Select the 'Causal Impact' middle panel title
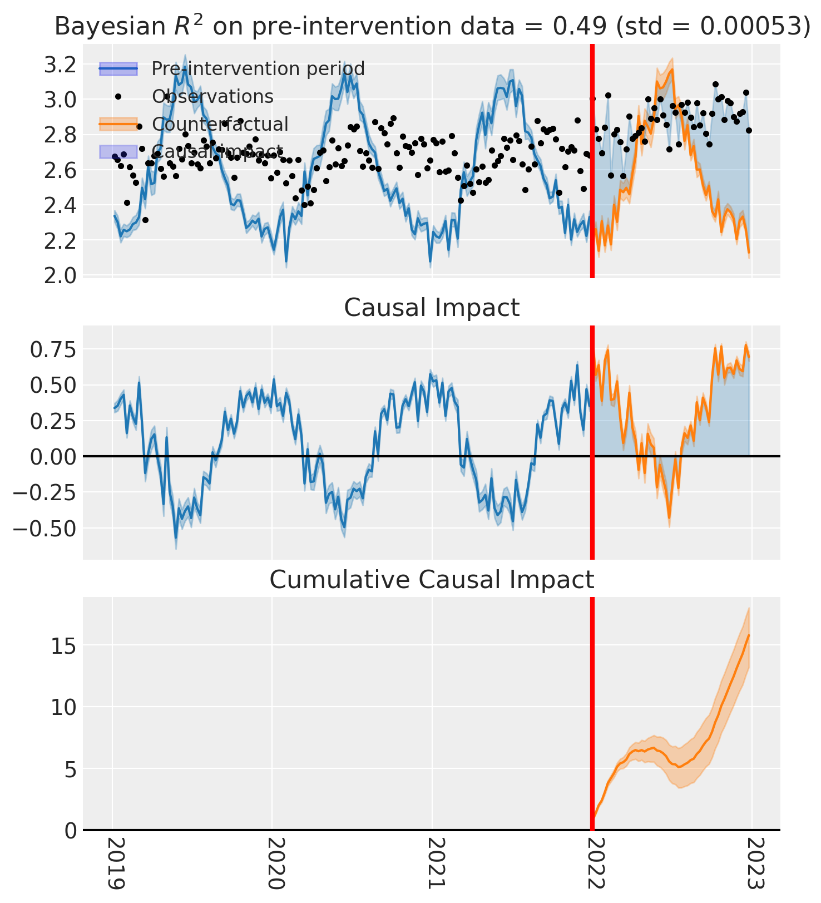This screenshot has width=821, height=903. point(432,308)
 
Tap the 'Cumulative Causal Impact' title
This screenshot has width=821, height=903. point(432,580)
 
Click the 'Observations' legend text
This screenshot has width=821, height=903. point(213,96)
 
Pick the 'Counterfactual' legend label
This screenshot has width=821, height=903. point(220,124)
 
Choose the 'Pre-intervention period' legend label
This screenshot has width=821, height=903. point(258,69)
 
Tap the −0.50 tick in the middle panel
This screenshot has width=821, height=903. point(46,527)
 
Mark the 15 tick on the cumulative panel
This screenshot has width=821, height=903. point(63,645)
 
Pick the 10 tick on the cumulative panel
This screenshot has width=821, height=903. point(63,707)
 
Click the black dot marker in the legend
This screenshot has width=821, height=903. point(118,96)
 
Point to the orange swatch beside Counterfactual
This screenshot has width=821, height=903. point(118,124)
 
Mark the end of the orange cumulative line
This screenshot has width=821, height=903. point(749,635)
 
